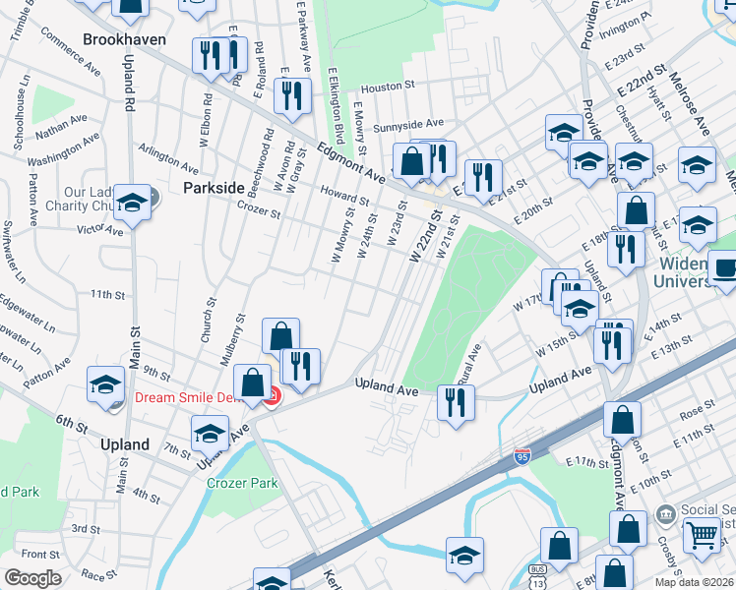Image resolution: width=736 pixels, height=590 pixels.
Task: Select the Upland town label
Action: pyautogui.click(x=125, y=444)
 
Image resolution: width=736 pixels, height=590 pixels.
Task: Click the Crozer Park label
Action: pyautogui.click(x=242, y=483)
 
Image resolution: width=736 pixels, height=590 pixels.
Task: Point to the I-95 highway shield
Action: pyautogui.click(x=522, y=456)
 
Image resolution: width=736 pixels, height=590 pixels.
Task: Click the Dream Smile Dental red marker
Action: pyautogui.click(x=270, y=396)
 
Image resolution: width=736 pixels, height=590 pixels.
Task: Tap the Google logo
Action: pyautogui.click(x=32, y=578)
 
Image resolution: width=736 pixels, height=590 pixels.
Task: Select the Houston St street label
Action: pyautogui.click(x=384, y=88)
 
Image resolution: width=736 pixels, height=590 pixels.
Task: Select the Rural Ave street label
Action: pyautogui.click(x=473, y=365)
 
